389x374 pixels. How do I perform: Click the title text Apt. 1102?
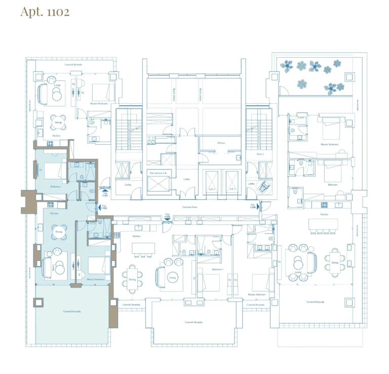click(x=45, y=12)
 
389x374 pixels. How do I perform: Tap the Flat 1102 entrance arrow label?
click(x=104, y=207)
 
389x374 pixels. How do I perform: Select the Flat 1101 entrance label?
click(x=105, y=193)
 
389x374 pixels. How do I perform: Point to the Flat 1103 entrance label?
click(x=167, y=215)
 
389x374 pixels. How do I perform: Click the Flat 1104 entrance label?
click(x=253, y=207)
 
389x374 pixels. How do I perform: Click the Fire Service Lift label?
click(x=158, y=173)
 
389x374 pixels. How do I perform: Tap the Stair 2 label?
click(x=260, y=153)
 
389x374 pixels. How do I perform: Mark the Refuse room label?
click(x=221, y=143)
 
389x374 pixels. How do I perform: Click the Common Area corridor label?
click(x=189, y=207)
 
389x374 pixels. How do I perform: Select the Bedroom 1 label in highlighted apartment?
click(x=56, y=187)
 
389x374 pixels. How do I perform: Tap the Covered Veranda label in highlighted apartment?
click(x=72, y=311)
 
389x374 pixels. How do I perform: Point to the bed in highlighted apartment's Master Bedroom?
click(x=99, y=266)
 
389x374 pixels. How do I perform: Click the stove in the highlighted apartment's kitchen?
click(x=51, y=205)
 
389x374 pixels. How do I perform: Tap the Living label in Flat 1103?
click(x=172, y=277)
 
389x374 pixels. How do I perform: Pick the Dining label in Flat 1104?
click(x=335, y=263)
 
